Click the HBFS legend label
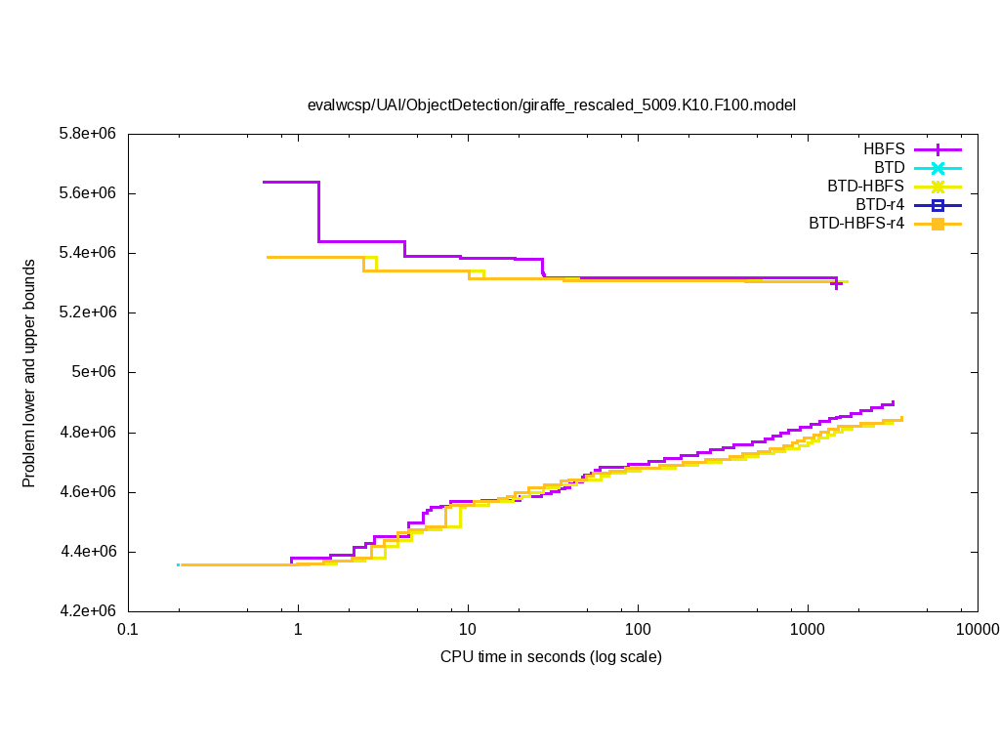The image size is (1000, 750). click(883, 149)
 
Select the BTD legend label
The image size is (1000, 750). click(890, 168)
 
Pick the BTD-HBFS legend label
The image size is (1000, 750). click(865, 187)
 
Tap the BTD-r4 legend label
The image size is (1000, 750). click(880, 205)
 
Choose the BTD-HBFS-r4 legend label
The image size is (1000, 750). click(855, 224)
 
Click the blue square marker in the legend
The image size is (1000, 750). click(937, 205)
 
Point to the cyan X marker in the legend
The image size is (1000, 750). click(937, 168)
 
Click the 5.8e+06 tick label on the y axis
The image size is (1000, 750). click(88, 133)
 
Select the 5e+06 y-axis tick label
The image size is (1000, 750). click(96, 372)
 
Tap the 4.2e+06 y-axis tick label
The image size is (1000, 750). click(88, 611)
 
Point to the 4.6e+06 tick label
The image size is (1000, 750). click(88, 492)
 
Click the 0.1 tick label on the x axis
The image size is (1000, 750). click(127, 631)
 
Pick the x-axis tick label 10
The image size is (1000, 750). click(468, 631)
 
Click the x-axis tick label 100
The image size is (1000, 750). click(638, 631)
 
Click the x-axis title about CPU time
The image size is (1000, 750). click(551, 657)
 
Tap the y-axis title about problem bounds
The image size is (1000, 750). click(29, 373)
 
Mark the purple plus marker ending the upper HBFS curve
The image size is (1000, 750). click(837, 283)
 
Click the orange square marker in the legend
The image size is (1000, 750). click(937, 224)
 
